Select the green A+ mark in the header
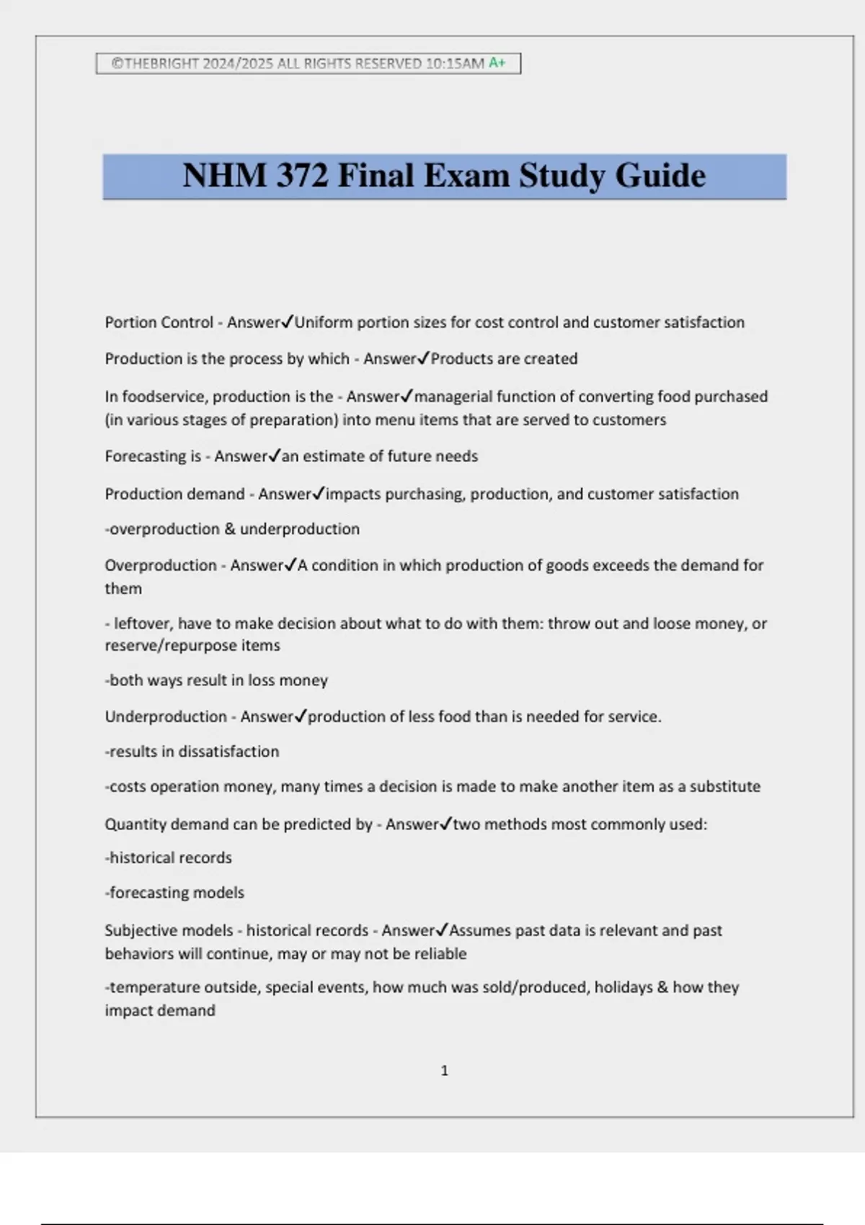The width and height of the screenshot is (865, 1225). [x=497, y=63]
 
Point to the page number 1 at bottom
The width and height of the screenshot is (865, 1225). [x=444, y=1071]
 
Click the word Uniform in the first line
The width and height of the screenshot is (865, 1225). [x=324, y=322]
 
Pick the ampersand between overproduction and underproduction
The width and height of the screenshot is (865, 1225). [x=230, y=529]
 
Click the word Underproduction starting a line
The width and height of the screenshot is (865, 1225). [x=166, y=716]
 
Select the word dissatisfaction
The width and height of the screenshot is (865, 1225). [x=229, y=752]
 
